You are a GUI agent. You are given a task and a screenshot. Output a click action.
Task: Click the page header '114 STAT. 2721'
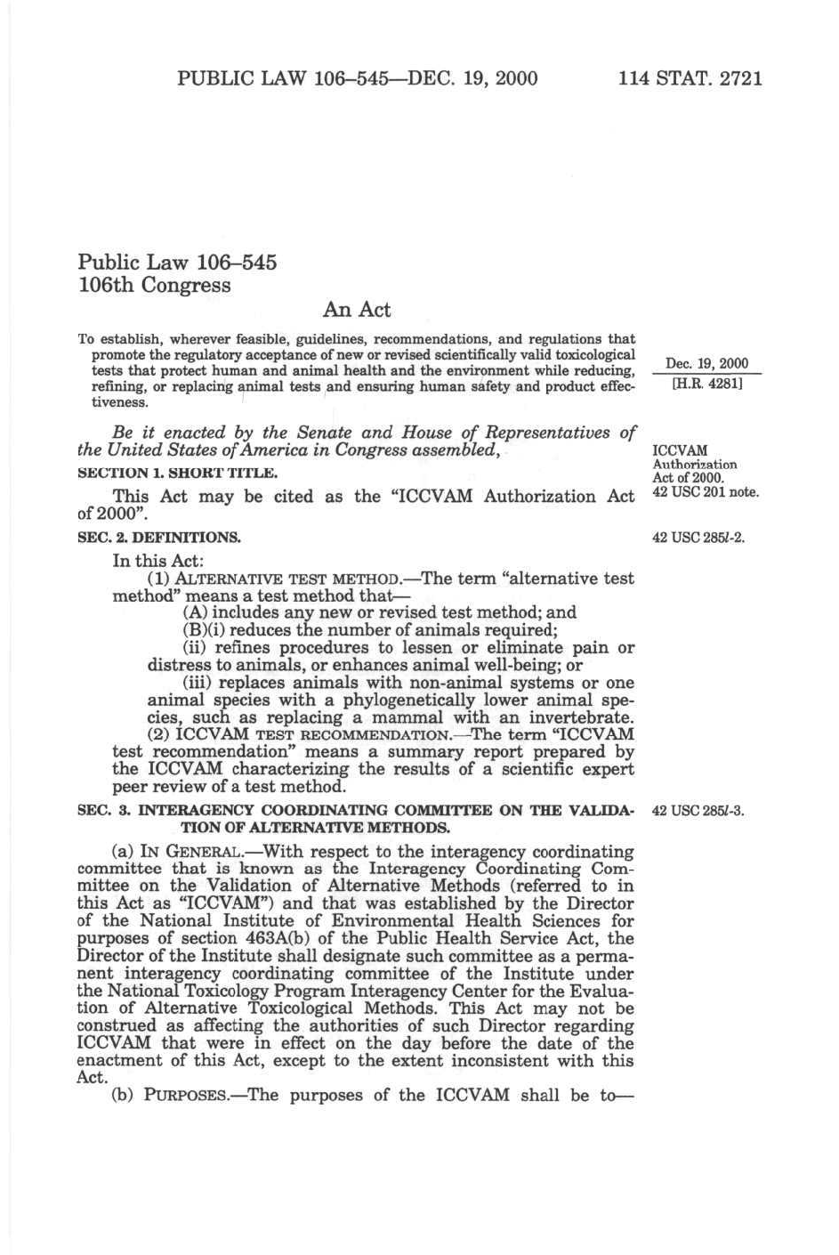[x=690, y=78]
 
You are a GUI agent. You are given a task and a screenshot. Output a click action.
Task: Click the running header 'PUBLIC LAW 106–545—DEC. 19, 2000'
[x=357, y=78]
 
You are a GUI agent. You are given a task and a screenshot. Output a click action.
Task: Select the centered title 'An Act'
[x=356, y=310]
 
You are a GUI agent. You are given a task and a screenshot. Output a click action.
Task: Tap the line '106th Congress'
[x=155, y=285]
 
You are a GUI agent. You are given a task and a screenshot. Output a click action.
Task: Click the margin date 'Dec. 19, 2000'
[x=706, y=363]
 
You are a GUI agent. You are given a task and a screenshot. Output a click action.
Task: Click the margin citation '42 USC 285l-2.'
[x=698, y=538]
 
